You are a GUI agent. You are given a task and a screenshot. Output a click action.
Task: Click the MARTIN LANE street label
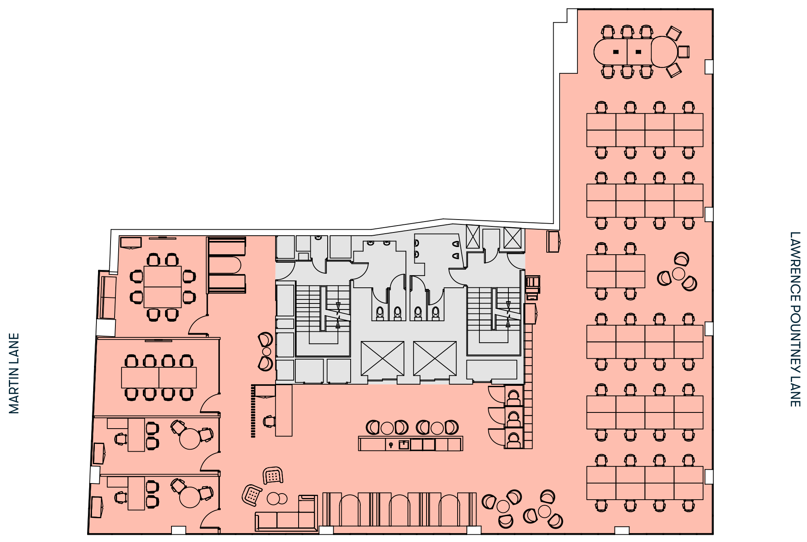click(x=14, y=373)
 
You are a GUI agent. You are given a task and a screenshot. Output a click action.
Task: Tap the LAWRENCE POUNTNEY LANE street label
click(x=794, y=319)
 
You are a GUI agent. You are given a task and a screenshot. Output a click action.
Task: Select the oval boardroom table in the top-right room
click(x=635, y=52)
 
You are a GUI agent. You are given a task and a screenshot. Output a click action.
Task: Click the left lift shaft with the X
click(x=383, y=358)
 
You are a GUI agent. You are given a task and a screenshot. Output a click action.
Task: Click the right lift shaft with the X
click(x=435, y=358)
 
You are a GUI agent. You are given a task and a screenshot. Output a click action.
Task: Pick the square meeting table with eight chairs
click(x=162, y=287)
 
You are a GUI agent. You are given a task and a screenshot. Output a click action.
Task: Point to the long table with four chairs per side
click(x=159, y=377)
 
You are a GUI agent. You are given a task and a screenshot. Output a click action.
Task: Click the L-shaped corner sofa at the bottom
click(x=286, y=515)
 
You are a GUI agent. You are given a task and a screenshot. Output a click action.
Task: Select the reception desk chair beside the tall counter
click(x=269, y=421)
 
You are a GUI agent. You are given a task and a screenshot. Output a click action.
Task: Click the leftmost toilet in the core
click(x=380, y=313)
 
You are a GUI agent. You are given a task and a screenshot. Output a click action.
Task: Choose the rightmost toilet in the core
click(x=435, y=313)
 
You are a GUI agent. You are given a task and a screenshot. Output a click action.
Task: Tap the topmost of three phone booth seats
click(x=513, y=397)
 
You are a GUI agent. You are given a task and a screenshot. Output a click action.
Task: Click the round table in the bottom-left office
click(x=190, y=497)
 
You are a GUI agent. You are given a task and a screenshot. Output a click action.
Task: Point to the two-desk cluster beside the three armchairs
click(x=616, y=271)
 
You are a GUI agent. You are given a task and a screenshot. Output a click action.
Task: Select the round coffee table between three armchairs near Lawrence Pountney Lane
click(x=678, y=274)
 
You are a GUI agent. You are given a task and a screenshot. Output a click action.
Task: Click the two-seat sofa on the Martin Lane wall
click(x=108, y=297)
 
